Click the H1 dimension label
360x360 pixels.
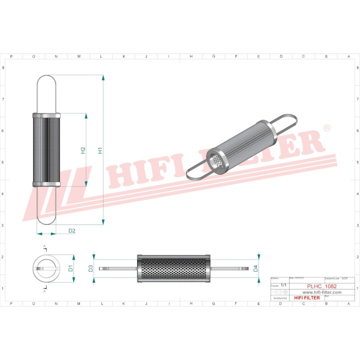tap(100, 150)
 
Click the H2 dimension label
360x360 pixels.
tap(83, 150)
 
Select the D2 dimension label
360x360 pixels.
tap(71, 230)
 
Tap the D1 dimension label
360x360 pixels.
tap(70, 268)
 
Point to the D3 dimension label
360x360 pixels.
tap(90, 268)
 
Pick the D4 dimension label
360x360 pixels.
tap(255, 268)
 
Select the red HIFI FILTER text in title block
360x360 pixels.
tap(306, 298)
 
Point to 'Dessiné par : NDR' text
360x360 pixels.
tap(336, 277)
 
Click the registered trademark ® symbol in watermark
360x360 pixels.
tap(327, 128)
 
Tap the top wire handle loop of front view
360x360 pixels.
tap(46, 92)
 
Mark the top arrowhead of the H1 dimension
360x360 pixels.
tap(103, 77)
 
